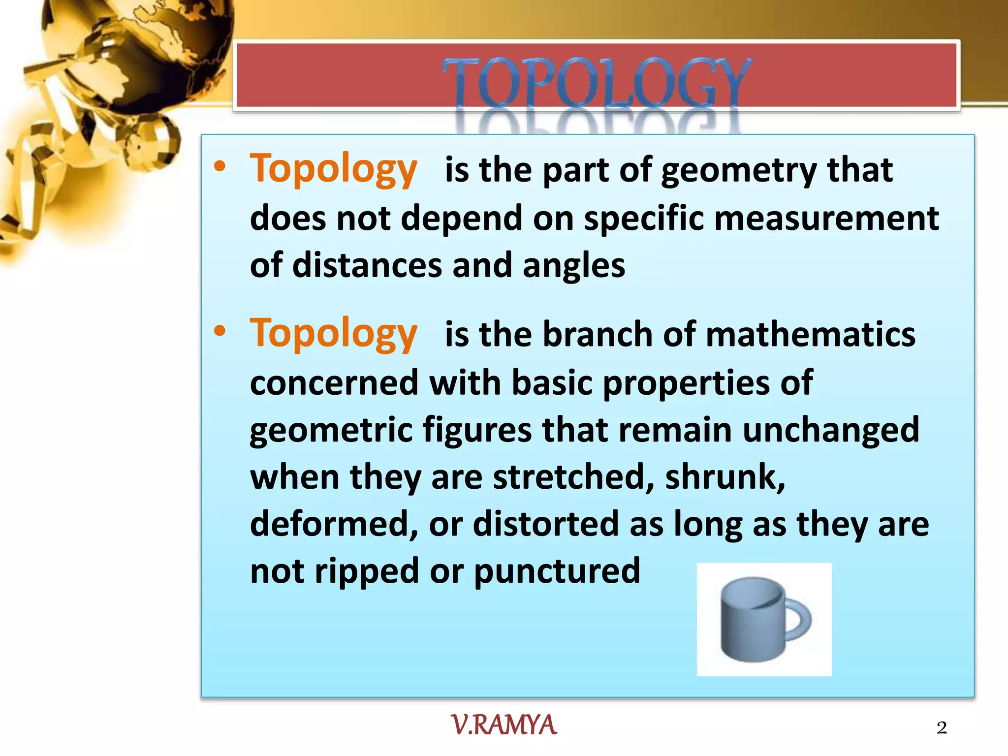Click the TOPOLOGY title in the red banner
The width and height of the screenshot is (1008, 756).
coord(597,81)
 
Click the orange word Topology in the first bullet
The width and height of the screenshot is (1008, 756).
coord(334,169)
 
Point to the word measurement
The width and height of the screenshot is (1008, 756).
coord(826,218)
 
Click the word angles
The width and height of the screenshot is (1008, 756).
coord(573,265)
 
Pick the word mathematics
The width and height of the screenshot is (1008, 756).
coord(811,335)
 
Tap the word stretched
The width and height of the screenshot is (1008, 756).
coord(573,477)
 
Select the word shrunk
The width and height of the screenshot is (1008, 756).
coord(724,477)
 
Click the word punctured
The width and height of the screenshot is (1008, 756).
coord(557,571)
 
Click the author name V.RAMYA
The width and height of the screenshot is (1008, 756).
coord(504,725)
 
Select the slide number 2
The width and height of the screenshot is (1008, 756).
coord(942,727)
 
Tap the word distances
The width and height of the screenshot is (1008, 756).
coord(367,265)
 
